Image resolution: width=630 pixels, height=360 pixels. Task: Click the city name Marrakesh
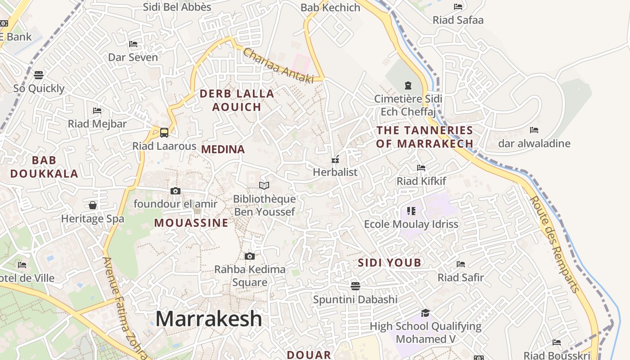tap(209, 319)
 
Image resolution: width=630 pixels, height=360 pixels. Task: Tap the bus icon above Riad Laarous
tap(164, 133)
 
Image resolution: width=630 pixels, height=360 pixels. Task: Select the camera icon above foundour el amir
tap(175, 191)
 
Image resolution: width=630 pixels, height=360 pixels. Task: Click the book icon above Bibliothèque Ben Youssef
tap(264, 185)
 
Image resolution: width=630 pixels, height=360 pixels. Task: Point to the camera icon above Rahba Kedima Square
tap(250, 256)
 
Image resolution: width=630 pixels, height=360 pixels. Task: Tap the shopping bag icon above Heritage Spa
tap(93, 206)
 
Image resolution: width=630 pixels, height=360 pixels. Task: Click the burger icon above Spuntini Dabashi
tap(355, 286)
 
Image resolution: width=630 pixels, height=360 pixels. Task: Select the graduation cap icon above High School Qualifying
tap(425, 313)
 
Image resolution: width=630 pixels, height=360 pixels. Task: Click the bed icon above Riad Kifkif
tap(421, 168)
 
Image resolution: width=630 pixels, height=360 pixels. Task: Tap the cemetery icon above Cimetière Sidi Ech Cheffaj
tap(408, 85)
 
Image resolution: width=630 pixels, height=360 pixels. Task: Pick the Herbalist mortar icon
tap(335, 159)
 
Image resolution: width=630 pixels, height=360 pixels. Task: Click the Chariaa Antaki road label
tap(278, 66)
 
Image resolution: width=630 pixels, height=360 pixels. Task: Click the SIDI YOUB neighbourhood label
tap(390, 263)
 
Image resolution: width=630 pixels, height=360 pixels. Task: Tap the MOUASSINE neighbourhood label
tap(191, 223)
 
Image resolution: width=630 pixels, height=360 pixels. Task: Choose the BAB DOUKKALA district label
tap(44, 167)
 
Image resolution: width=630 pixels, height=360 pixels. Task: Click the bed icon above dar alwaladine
tap(534, 130)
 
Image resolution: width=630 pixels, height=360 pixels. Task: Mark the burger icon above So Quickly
tap(39, 75)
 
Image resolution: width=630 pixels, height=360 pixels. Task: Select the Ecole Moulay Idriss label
tap(411, 224)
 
